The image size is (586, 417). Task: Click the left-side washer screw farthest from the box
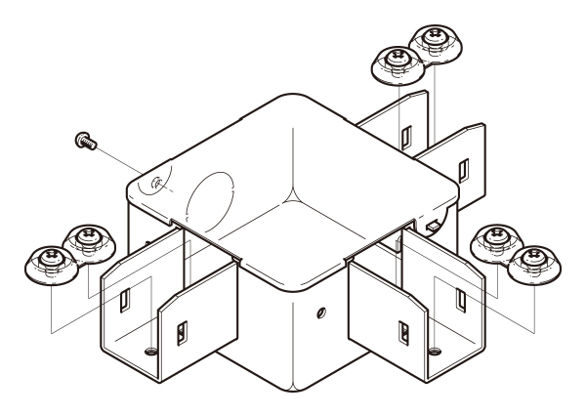(x=48, y=262)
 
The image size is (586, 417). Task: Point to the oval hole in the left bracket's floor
(x=148, y=349)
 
